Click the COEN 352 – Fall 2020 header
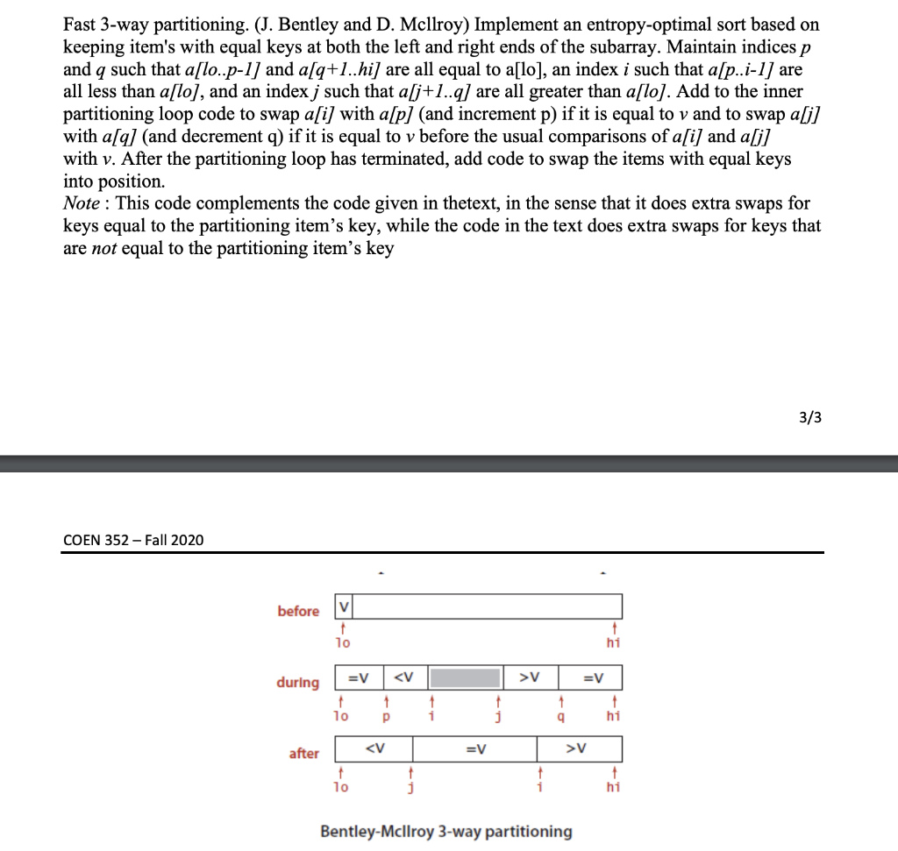133,540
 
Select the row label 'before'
298,611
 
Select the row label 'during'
298,682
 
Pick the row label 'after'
303,753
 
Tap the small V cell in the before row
344,606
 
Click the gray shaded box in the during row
465,677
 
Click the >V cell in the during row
529,677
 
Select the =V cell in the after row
475,748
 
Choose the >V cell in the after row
579,748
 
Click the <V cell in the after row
374,748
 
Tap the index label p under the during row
385,717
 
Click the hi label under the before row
614,643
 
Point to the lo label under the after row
341,788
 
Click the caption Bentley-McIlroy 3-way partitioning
445,831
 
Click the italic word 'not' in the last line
104,248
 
